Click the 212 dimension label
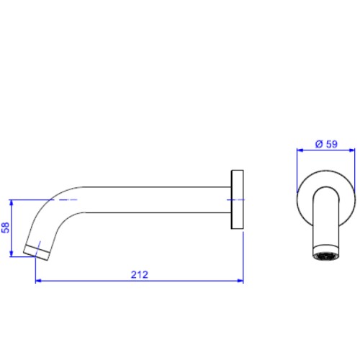click(140, 274)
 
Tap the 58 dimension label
click(6, 228)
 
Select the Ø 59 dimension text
click(326, 144)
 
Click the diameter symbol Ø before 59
click(319, 144)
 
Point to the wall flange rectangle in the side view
click(237, 199)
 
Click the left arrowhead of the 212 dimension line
click(38, 281)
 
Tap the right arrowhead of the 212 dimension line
click(240, 281)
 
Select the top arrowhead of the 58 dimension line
click(11, 203)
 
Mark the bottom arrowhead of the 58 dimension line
click(11, 253)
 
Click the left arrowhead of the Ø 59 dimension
click(300, 150)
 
